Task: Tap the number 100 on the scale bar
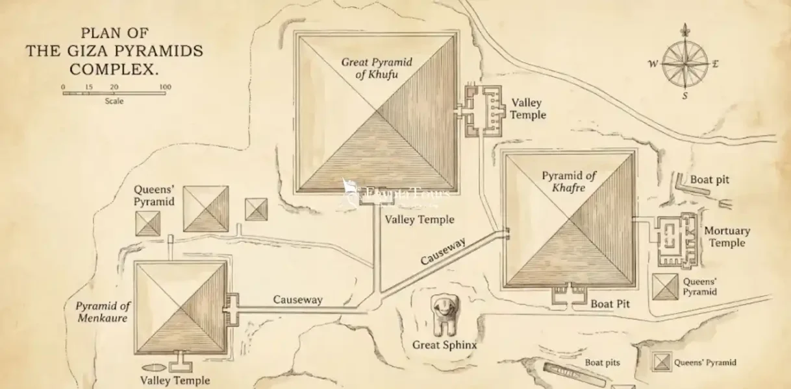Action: (x=165, y=87)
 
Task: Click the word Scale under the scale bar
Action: (x=114, y=101)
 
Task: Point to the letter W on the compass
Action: (x=653, y=64)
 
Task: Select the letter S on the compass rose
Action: (x=684, y=96)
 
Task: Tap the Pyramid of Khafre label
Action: (x=569, y=182)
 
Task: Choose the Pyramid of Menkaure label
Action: (x=103, y=311)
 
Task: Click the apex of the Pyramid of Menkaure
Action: (x=181, y=308)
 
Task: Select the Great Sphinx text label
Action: (x=444, y=345)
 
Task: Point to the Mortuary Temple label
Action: (x=727, y=237)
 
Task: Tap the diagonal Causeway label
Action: (x=444, y=252)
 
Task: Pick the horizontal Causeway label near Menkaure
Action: (x=297, y=300)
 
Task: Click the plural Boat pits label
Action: (x=603, y=362)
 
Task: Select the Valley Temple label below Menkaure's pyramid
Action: (x=175, y=381)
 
